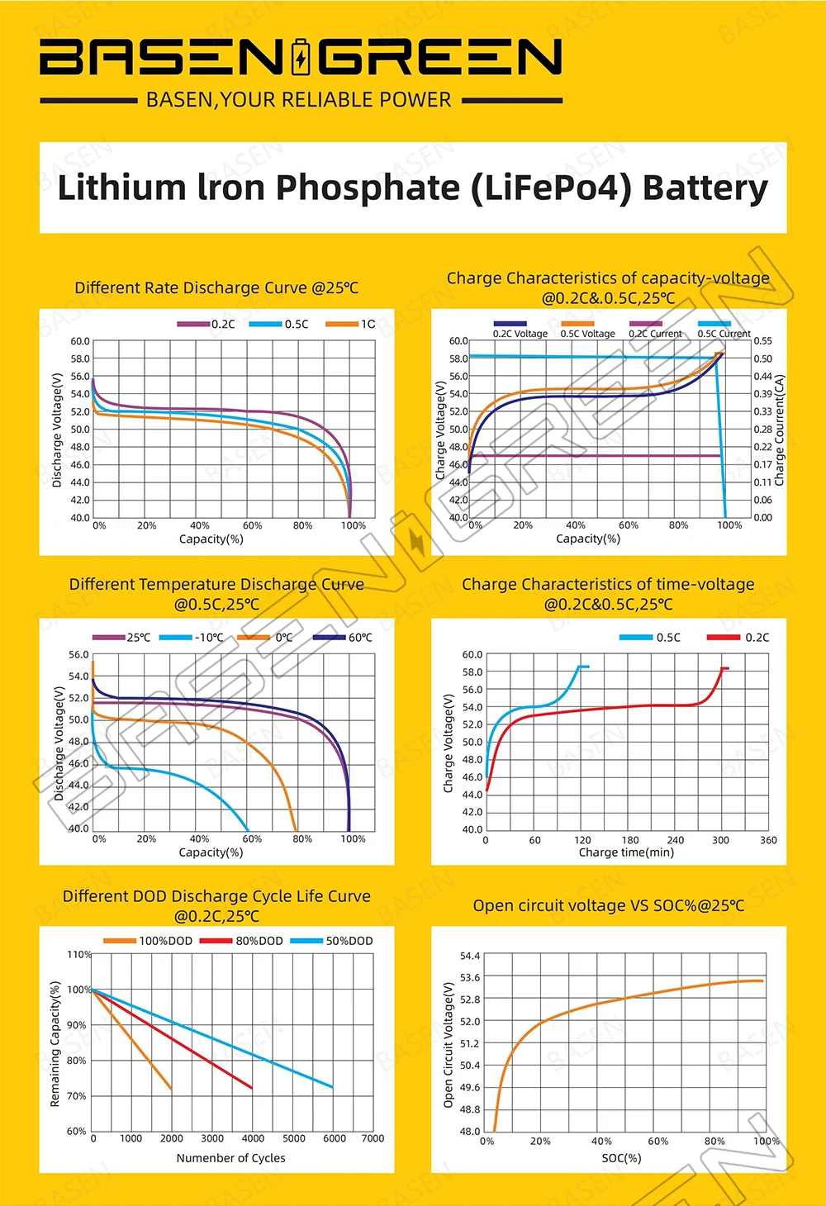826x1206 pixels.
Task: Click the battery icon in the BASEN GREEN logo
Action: [x=301, y=57]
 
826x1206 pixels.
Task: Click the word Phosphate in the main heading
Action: [x=367, y=188]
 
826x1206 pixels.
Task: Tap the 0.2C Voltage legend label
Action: [x=520, y=334]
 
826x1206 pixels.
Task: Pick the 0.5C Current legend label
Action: [x=724, y=334]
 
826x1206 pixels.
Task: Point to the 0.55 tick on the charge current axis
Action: [x=762, y=340]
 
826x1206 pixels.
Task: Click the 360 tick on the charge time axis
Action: [x=768, y=840]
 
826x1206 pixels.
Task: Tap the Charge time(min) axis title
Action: [x=626, y=852]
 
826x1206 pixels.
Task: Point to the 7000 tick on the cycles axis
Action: [x=373, y=1138]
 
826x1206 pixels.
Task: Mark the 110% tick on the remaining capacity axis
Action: [x=79, y=954]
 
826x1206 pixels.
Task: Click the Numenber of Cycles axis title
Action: [x=230, y=1158]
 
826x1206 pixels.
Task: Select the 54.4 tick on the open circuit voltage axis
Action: [x=469, y=956]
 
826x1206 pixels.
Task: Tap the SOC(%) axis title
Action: [x=621, y=1158]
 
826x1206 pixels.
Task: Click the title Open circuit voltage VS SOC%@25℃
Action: [x=608, y=905]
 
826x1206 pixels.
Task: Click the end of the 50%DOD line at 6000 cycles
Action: [x=333, y=1087]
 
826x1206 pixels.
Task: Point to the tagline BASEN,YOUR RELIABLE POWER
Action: [x=299, y=100]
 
